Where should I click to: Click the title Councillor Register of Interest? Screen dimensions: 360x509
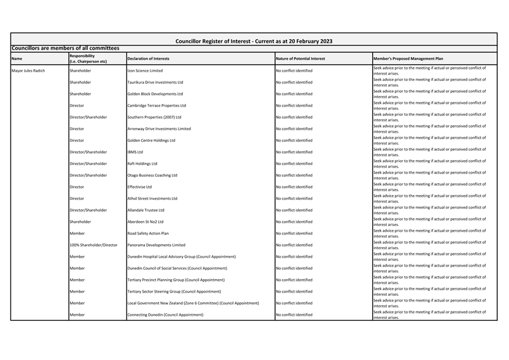pyautogui.click(x=254, y=41)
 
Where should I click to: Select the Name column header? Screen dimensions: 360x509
pyautogui.click(x=17, y=59)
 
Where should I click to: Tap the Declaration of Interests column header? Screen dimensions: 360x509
pyautogui.click(x=148, y=59)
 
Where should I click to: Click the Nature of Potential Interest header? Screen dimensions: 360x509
pyautogui.click(x=300, y=59)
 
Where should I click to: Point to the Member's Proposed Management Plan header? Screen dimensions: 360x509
pyautogui.click(x=408, y=59)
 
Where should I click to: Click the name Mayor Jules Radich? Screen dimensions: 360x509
pyautogui.click(x=29, y=70)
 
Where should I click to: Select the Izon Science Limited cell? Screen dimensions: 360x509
pyautogui.click(x=145, y=70)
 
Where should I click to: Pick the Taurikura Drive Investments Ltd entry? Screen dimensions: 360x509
pyautogui.click(x=155, y=82)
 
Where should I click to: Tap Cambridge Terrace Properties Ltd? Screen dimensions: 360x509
pyautogui.click(x=156, y=105)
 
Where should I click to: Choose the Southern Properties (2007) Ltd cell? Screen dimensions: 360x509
pyautogui.click(x=154, y=117)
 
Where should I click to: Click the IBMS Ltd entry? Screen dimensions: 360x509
pyautogui.click(x=135, y=152)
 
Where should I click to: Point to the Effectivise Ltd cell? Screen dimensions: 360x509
pyautogui.click(x=139, y=187)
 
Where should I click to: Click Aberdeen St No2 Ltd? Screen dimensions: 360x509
pyautogui.click(x=146, y=222)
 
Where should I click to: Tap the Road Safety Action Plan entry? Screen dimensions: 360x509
pyautogui.click(x=148, y=234)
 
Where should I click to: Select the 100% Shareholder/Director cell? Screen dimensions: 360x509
pyautogui.click(x=93, y=245)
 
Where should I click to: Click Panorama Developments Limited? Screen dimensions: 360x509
pyautogui.click(x=156, y=245)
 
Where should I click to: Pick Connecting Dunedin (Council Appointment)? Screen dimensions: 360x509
pyautogui.click(x=166, y=315)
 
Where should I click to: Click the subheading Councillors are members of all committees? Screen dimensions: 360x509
pyautogui.click(x=65, y=48)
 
